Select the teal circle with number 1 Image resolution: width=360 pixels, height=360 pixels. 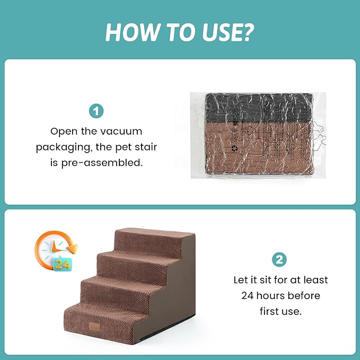click(96, 112)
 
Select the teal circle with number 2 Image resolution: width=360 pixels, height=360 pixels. click(279, 260)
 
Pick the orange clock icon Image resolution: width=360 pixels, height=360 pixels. click(54, 249)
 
